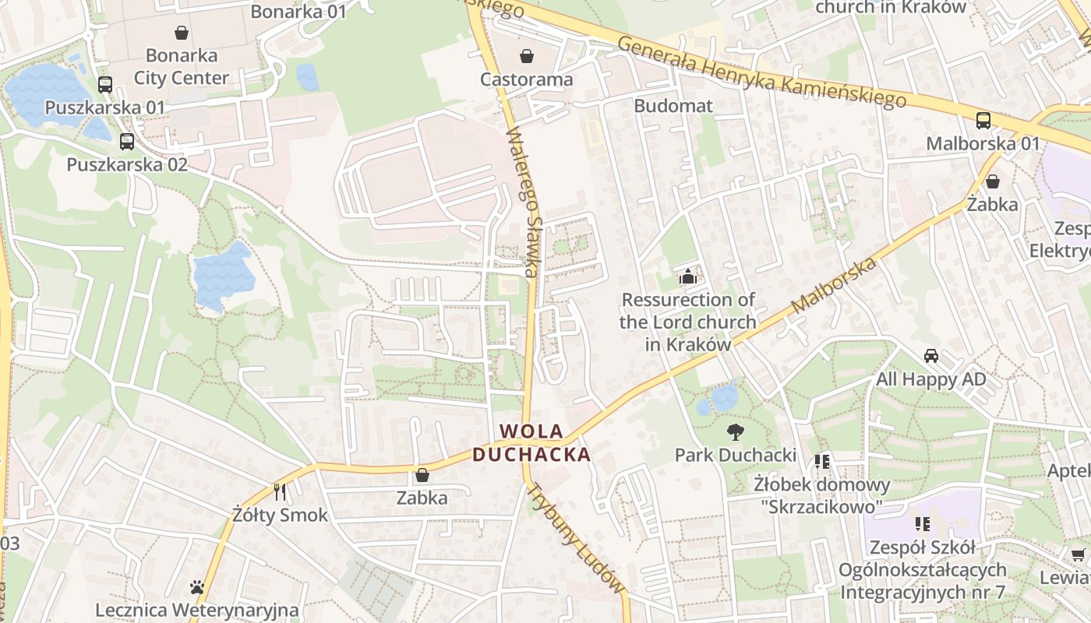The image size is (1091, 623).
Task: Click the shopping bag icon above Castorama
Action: tap(527, 56)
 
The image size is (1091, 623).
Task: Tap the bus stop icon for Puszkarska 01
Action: tap(104, 85)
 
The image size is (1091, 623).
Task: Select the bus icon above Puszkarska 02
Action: tap(126, 142)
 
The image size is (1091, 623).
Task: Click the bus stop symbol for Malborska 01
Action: tap(983, 121)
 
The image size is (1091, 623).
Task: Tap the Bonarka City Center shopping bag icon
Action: tap(182, 33)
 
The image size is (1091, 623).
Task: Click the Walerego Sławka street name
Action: tap(523, 202)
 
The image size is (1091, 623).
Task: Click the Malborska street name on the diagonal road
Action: tap(834, 286)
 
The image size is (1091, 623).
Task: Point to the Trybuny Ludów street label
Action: tap(576, 538)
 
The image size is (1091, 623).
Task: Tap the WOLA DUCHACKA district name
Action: tap(531, 442)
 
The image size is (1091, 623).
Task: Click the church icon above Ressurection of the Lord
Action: tap(687, 276)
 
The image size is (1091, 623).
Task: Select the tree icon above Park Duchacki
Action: tap(735, 432)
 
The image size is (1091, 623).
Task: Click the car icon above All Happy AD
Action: tap(930, 357)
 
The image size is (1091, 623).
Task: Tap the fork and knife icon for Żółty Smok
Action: tap(281, 491)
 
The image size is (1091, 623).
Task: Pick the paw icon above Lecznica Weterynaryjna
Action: tap(197, 587)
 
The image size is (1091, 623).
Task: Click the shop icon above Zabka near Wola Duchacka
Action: tap(422, 474)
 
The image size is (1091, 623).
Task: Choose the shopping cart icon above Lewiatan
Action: tap(1078, 554)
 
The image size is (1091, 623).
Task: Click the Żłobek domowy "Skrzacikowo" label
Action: tap(821, 495)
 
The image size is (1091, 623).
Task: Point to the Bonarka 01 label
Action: tap(298, 12)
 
